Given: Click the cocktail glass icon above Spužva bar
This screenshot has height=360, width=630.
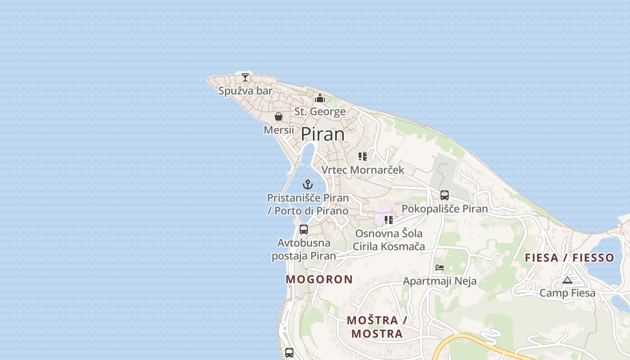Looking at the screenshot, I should click(x=245, y=77).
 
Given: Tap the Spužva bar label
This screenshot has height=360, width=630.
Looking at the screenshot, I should click(x=245, y=91).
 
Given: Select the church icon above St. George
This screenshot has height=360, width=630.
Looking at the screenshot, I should click(x=320, y=98).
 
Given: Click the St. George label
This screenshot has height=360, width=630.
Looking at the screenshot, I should click(x=320, y=112).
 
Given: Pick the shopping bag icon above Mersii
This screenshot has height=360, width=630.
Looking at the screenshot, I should click(x=279, y=117).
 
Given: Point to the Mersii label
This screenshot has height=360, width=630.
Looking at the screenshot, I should click(x=279, y=130).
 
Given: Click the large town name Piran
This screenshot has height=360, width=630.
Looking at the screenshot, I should click(x=323, y=134).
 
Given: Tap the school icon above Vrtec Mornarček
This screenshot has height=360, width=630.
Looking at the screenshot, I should click(x=363, y=157).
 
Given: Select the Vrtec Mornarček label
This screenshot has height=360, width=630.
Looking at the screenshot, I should click(x=363, y=170).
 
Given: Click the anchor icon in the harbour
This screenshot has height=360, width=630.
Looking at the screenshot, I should click(x=308, y=184).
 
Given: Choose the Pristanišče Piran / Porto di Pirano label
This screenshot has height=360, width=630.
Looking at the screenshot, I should click(x=308, y=204).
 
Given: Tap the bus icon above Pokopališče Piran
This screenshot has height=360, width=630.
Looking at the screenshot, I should click(x=445, y=195).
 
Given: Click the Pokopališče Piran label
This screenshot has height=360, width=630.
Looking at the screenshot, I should click(x=445, y=209).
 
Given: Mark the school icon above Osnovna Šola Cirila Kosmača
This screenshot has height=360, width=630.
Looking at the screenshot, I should click(x=389, y=220).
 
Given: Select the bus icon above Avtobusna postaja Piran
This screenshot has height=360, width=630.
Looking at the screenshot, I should click(x=304, y=229).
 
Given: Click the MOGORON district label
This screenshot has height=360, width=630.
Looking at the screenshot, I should click(x=319, y=279).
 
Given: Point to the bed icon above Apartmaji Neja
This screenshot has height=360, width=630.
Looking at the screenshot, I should click(x=440, y=268).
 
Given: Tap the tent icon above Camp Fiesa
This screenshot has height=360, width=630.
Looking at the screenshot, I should click(x=567, y=280).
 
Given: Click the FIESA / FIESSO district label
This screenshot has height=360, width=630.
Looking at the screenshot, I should click(x=569, y=258).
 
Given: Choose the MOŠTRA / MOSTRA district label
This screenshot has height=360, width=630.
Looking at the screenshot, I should click(x=377, y=327).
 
